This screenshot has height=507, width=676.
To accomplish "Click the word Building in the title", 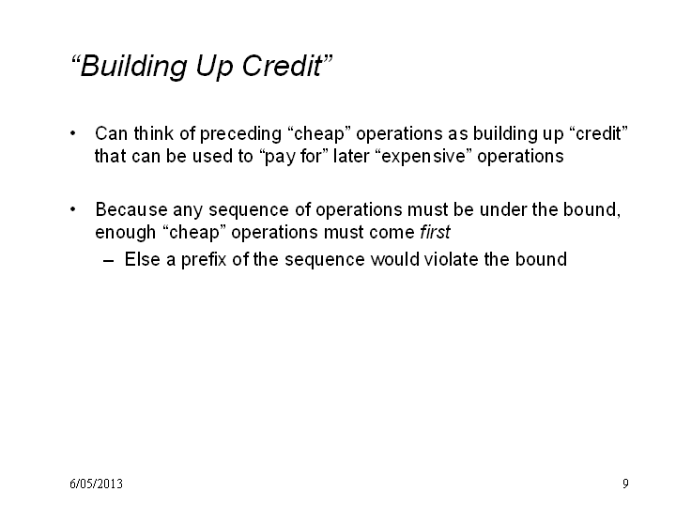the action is point(133,67).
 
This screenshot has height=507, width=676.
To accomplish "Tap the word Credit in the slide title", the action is point(282,66).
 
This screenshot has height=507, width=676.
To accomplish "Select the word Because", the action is point(131,210).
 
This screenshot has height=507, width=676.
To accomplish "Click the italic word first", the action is point(435,232).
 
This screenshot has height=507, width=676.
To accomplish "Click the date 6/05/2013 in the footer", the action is point(96,484).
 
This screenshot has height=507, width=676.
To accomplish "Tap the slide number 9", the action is point(625,484).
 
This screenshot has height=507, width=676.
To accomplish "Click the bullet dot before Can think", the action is point(73,133).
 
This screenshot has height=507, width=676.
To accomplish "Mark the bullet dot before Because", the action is point(73,209).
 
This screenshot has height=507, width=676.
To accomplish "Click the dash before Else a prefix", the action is point(109,261).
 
